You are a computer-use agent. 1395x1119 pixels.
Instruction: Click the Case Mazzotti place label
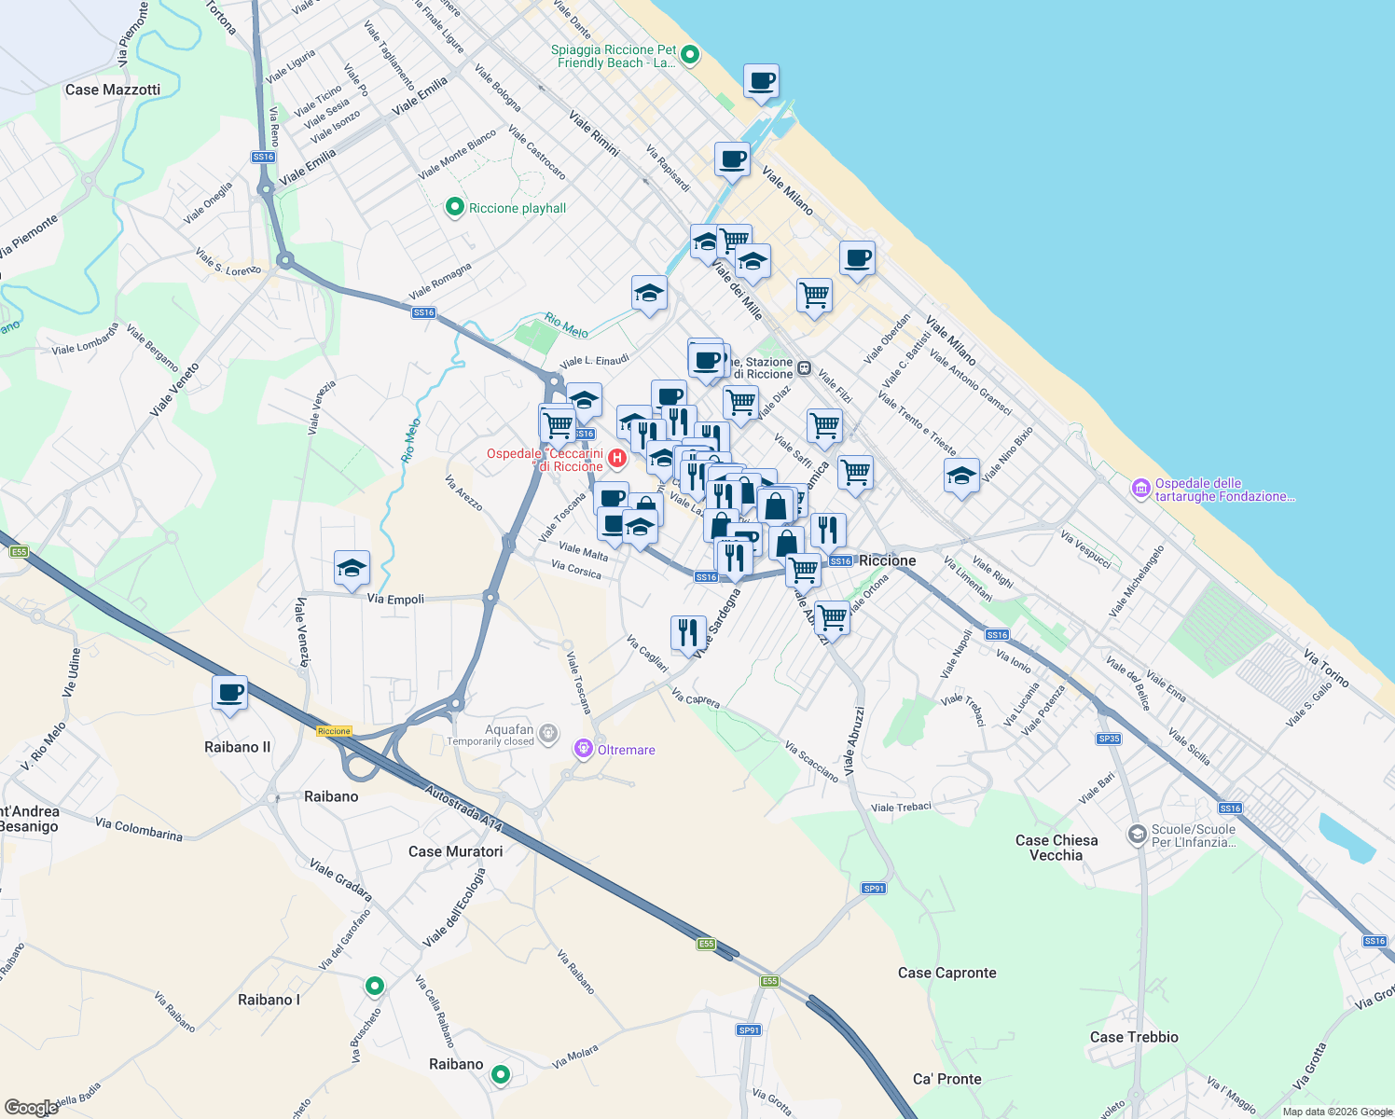tap(113, 90)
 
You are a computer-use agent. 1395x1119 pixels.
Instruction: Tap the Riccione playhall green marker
tap(455, 207)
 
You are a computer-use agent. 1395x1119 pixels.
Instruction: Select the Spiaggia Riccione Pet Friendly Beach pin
tap(690, 55)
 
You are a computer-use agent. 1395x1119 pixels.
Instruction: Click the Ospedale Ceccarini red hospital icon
tap(616, 459)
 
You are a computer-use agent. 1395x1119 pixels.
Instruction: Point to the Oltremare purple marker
tap(584, 749)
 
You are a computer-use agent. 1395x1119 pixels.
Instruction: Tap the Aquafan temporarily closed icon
tap(549, 734)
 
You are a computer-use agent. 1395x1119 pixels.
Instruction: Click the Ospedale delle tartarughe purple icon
tap(1140, 488)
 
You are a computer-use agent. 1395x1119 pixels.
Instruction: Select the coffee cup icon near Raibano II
tap(229, 693)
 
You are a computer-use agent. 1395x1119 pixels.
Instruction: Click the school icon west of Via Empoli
tap(352, 568)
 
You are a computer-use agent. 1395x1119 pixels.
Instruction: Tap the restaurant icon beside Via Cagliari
tap(688, 632)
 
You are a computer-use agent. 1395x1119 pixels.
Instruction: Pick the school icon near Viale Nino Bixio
tap(961, 476)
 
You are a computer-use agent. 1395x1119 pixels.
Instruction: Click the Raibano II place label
tap(237, 747)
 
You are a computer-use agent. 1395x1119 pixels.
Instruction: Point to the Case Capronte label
tap(946, 973)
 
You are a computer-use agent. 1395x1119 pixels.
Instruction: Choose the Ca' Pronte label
tap(946, 1079)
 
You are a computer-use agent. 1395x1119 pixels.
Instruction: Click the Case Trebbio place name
tap(1134, 1037)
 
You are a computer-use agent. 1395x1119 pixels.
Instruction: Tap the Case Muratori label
tap(455, 851)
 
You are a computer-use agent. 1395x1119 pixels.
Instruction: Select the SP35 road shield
tap(1109, 739)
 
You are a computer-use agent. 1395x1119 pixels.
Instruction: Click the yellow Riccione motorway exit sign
tap(334, 731)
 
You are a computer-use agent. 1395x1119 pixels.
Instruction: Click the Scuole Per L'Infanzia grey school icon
tap(1137, 834)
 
